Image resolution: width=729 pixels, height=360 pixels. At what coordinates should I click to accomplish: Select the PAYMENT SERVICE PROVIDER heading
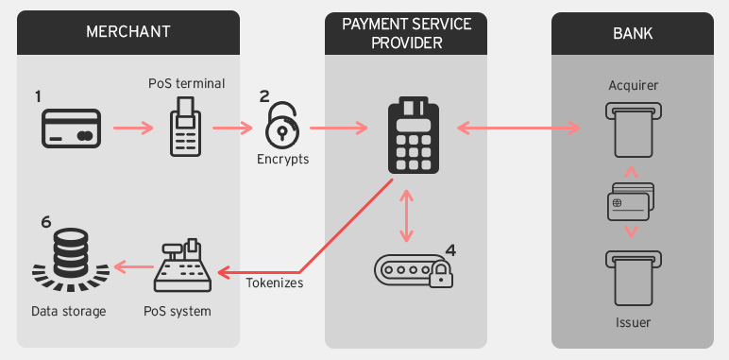pyautogui.click(x=406, y=32)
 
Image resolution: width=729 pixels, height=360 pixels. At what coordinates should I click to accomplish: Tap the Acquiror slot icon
pyautogui.click(x=633, y=130)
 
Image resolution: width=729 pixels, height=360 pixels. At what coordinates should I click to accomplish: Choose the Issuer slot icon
pyautogui.click(x=633, y=277)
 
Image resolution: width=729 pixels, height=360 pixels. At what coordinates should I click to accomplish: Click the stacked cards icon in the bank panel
pyautogui.click(x=632, y=202)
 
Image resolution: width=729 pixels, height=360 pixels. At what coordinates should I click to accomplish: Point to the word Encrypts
pyautogui.click(x=282, y=160)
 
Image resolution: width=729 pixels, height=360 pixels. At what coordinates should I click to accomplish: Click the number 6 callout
pyautogui.click(x=45, y=223)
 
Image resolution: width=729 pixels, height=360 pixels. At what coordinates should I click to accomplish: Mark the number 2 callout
pyautogui.click(x=264, y=95)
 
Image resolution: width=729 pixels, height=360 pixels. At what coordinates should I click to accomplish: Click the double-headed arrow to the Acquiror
pyautogui.click(x=517, y=127)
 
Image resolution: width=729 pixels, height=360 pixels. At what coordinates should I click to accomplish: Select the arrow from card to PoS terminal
pyautogui.click(x=133, y=127)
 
